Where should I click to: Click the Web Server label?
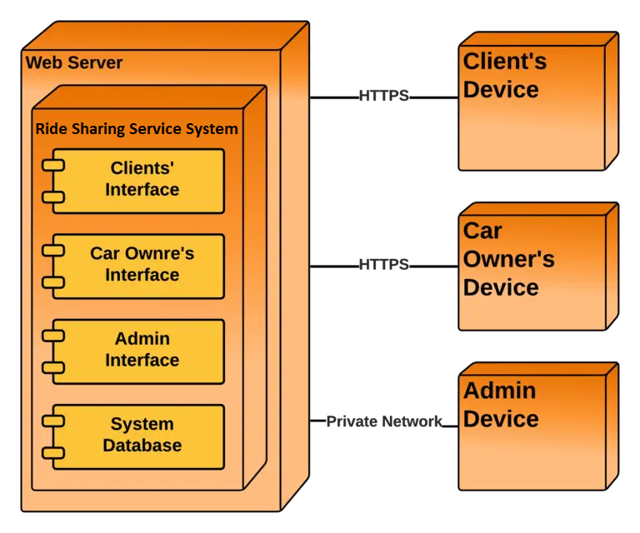point(74,62)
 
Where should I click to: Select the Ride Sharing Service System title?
point(137,129)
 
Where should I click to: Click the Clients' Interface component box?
point(142,180)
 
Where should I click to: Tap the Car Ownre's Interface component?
point(142,265)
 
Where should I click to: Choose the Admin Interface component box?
point(142,351)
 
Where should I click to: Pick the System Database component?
point(142,436)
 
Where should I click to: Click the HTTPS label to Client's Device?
point(384,96)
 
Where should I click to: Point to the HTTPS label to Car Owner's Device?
point(384,265)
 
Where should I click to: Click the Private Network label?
point(384,421)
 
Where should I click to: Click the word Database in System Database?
point(142,446)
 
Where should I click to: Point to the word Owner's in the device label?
point(508,259)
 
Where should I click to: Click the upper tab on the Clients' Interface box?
point(54,166)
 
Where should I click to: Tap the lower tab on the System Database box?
point(54,453)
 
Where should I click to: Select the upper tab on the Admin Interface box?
point(54,336)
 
